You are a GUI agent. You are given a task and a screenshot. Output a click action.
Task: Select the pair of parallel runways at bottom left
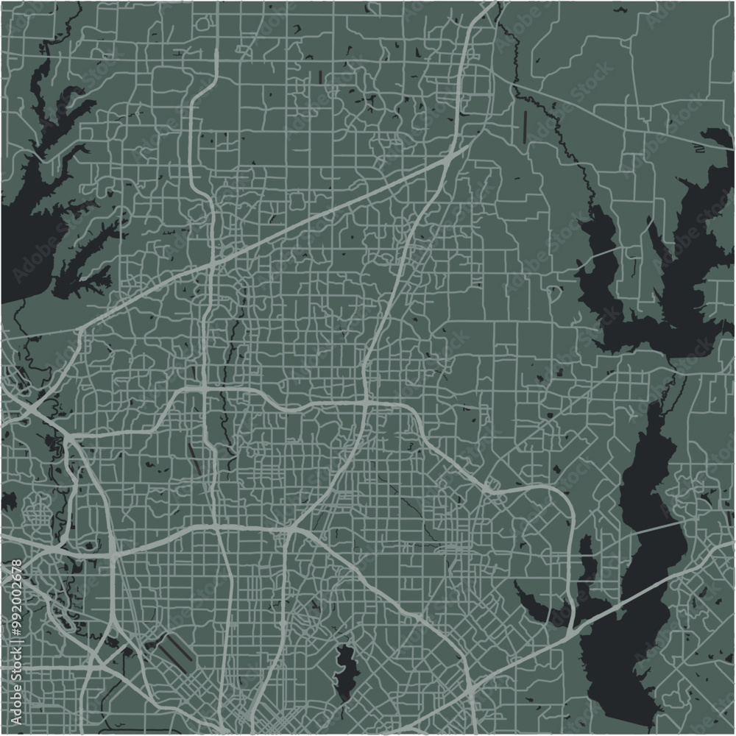tap(174, 652)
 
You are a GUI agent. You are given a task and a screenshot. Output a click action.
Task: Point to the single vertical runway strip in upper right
tap(525, 127)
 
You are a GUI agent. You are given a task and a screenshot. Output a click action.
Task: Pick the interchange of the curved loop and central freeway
tap(367, 403)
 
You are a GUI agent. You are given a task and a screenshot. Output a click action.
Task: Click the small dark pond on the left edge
tap(9, 502)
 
